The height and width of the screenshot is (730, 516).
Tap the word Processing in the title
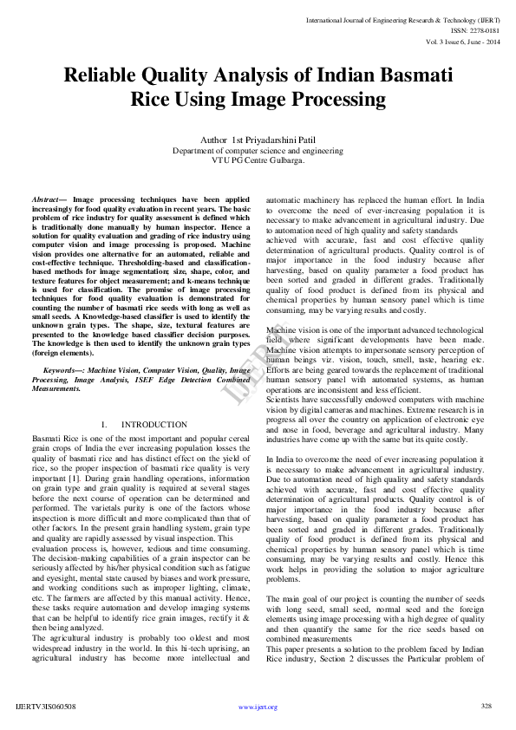[x=333, y=100]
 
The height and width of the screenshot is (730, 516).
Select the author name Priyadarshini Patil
[x=278, y=140]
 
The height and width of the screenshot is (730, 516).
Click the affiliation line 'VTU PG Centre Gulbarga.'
[x=258, y=160]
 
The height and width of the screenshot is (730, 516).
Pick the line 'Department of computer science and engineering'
[x=258, y=150]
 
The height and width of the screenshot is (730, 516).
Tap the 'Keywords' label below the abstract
[x=62, y=370]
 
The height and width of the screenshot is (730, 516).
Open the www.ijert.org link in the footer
[x=258, y=707]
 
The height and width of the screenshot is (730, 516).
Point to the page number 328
[x=487, y=706]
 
